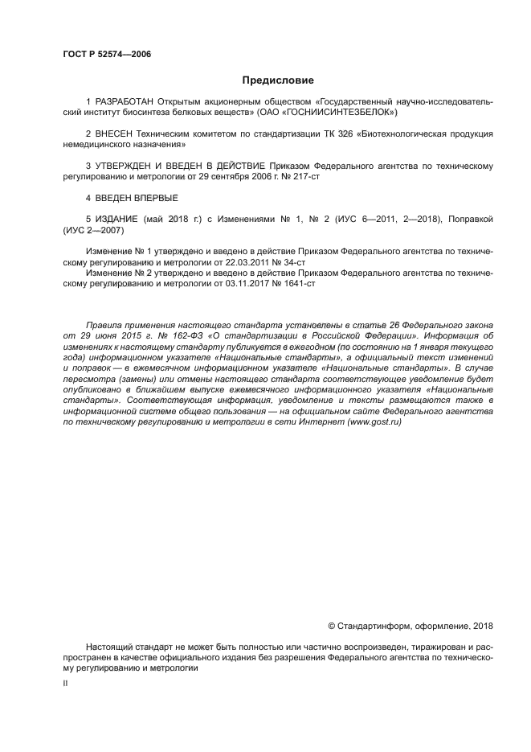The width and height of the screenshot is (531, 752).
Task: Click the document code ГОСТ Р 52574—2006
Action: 107,54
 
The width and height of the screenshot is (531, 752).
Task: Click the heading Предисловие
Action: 278,80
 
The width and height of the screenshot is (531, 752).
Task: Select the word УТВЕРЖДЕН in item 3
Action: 128,166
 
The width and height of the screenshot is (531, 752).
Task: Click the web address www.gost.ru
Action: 374,422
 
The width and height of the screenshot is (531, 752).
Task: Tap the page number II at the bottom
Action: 65,682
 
